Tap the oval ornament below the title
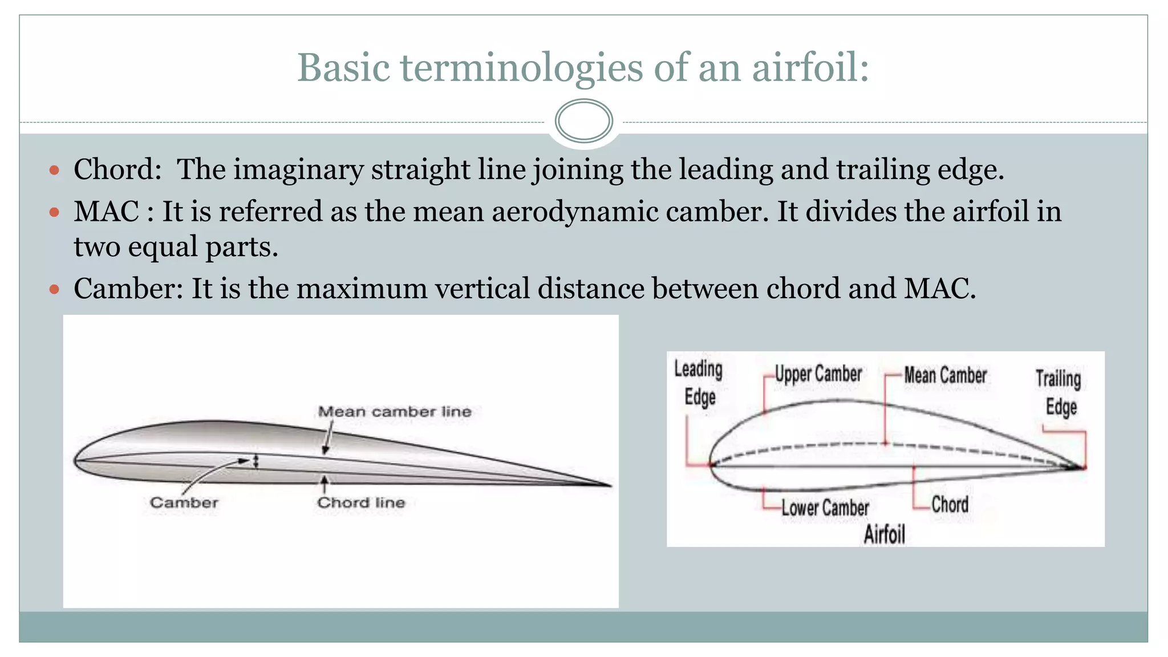tap(583, 121)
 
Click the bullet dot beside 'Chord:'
tap(55, 170)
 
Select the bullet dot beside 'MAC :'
tap(55, 212)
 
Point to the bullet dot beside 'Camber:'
tap(55, 289)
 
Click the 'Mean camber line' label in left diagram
tap(395, 412)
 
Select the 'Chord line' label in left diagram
tap(361, 502)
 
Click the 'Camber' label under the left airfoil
tap(184, 502)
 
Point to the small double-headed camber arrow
tap(256, 461)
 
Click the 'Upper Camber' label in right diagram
tap(818, 374)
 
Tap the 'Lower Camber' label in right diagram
tap(825, 507)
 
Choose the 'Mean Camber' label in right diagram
tap(945, 375)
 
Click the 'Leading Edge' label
tap(699, 383)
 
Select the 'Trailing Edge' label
tap(1059, 392)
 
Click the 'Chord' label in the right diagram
tap(950, 504)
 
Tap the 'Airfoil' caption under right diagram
tap(884, 534)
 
